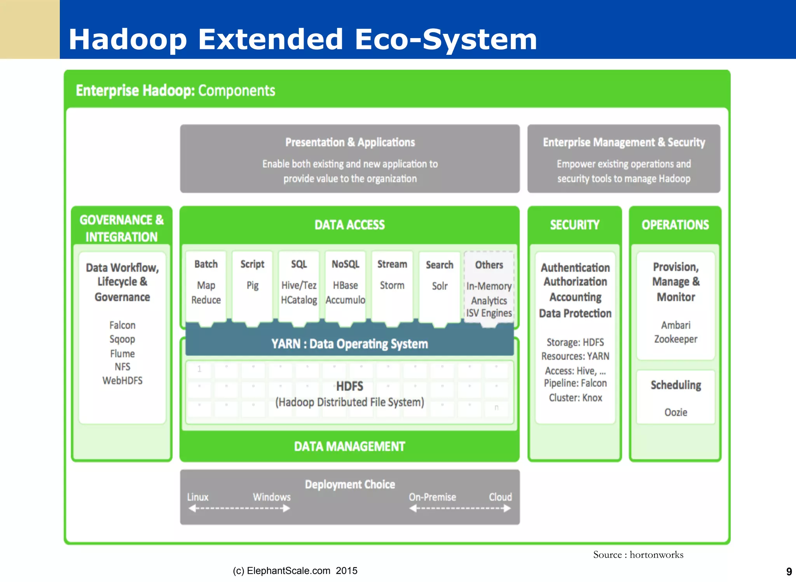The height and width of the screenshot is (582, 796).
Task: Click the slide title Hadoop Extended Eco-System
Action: point(302,40)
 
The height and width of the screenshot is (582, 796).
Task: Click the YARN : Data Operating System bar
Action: point(349,344)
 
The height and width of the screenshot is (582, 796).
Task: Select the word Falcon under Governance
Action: point(122,325)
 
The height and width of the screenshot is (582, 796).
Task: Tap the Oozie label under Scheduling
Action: point(676,412)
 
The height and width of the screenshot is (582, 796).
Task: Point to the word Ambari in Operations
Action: point(676,325)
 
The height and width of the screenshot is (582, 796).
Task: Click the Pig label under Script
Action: point(252,286)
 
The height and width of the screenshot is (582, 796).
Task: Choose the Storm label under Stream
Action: point(392,286)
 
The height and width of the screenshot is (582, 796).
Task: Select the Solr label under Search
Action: point(440,287)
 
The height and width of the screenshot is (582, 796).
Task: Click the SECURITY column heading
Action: point(574,225)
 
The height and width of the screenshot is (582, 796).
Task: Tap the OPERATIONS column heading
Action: point(675,225)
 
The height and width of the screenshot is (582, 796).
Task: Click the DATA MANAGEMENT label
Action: point(349,446)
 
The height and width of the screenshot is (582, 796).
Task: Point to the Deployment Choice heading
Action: point(350,485)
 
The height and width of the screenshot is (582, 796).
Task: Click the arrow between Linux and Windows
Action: point(239,509)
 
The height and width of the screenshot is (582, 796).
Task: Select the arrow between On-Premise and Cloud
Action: point(460,509)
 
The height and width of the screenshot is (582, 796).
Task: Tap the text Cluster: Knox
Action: point(575,398)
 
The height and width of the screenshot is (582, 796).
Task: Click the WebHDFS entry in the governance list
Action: point(122,381)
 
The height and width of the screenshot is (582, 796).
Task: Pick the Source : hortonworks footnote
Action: point(638,555)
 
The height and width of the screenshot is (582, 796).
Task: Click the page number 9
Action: point(789,572)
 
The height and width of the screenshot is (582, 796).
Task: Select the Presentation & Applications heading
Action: point(350,142)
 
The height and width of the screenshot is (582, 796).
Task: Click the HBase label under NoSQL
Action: point(345,286)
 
